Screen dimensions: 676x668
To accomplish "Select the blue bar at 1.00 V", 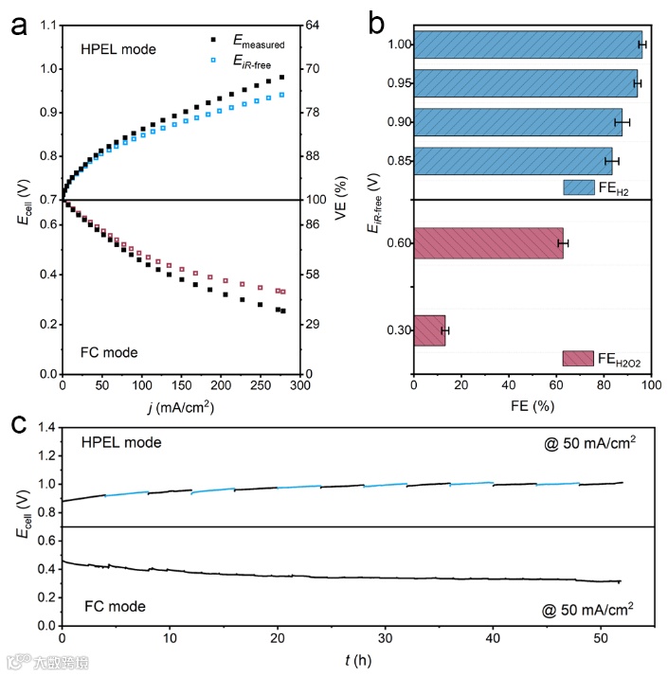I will [528, 44].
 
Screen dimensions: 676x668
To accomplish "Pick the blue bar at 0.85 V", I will [513, 161].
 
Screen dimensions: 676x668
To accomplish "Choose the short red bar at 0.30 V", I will [429, 329].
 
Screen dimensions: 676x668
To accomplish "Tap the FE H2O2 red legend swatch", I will [577, 358].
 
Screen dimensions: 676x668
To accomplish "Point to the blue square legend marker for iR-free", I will [213, 60].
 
